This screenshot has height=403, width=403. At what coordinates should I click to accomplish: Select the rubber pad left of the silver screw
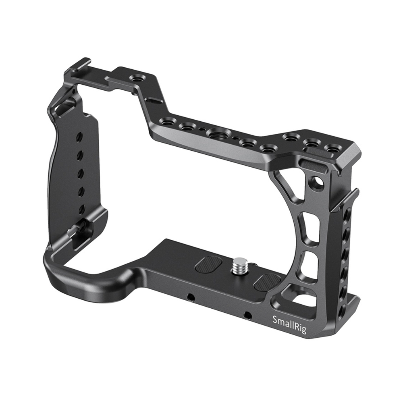pyautogui.click(x=209, y=264)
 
